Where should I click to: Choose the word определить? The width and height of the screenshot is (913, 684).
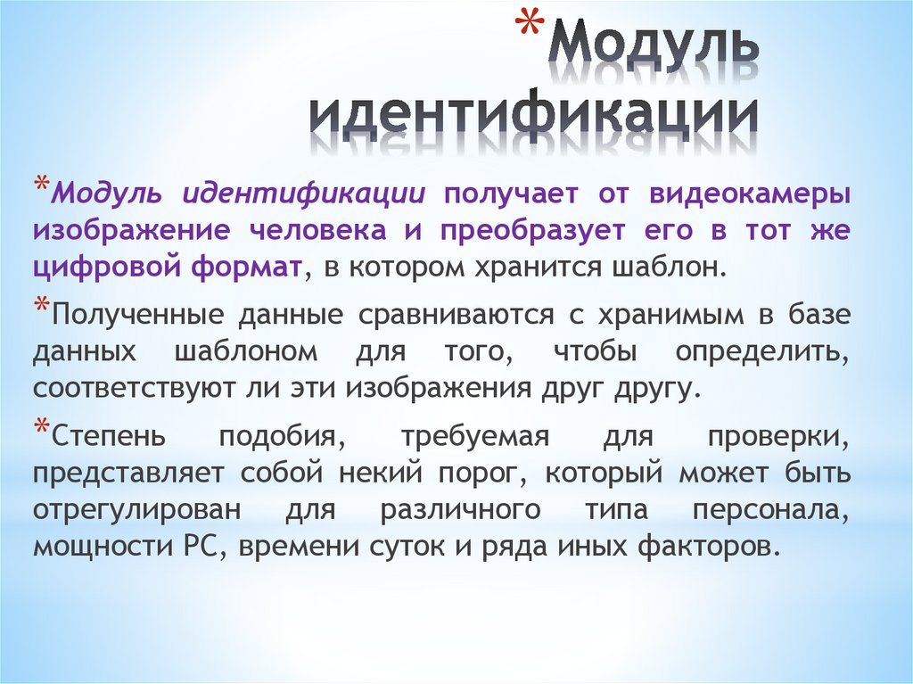click(771, 352)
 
